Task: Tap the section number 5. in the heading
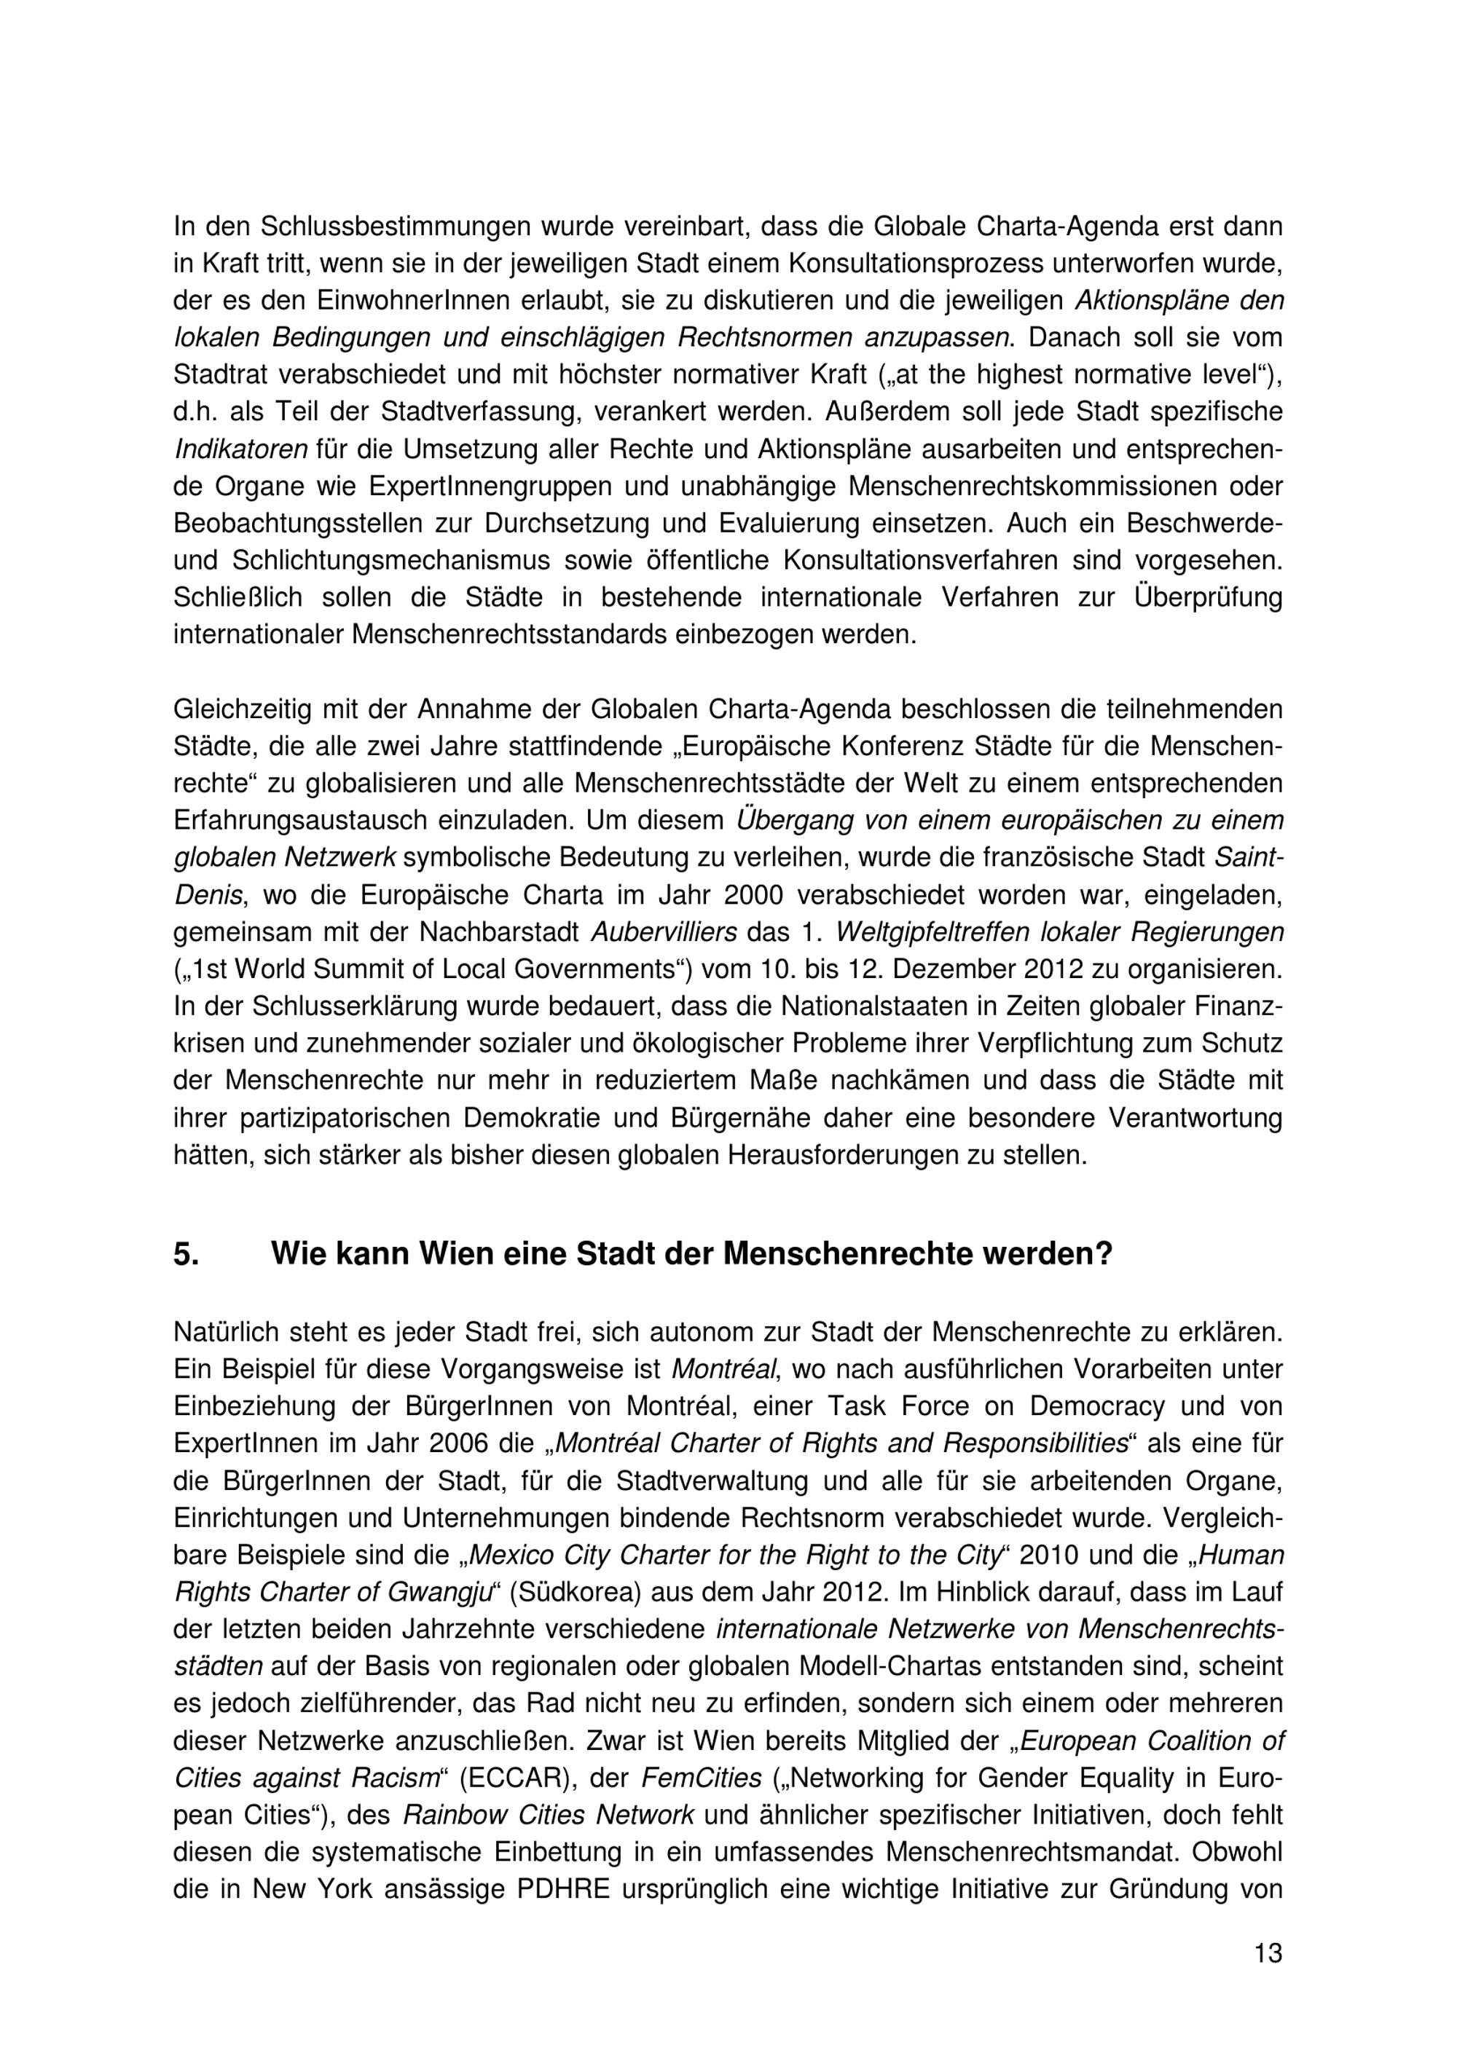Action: point(186,1254)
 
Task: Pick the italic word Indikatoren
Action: point(240,448)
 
